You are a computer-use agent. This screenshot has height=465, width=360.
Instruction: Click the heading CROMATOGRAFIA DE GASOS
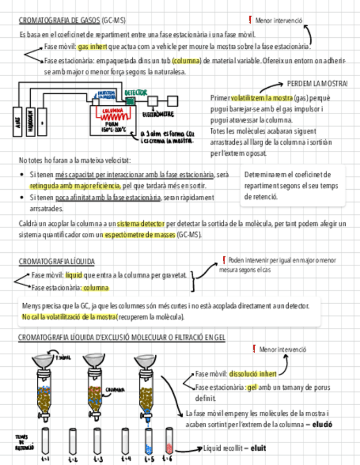pos(59,21)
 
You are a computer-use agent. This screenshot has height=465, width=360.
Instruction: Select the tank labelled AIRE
pos(17,121)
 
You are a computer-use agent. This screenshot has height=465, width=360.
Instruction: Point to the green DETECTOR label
pos(135,93)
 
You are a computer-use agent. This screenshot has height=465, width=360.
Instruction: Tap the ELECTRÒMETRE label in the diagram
pos(157,115)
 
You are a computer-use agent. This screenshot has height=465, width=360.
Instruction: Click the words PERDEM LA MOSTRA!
pos(317,83)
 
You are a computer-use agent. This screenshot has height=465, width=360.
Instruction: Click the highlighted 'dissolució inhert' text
pos(253,374)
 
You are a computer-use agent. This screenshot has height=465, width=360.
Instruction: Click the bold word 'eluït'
pos(258,448)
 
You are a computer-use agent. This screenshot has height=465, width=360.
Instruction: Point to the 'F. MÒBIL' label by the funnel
pos(63,358)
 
